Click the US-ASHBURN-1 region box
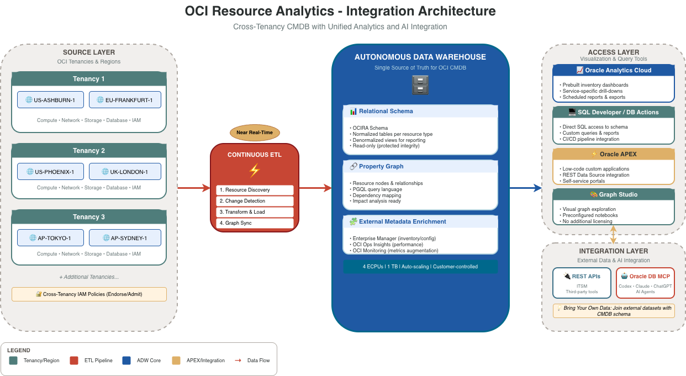50,100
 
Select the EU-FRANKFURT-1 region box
125,100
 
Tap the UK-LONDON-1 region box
125,172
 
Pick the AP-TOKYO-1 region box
50,238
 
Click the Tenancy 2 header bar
89,151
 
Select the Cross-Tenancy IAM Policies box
89,294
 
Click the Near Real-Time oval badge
255,133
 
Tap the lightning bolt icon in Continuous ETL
255,170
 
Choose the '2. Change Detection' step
255,201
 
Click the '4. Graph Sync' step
255,223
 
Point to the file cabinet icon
420,84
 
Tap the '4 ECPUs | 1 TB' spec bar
420,267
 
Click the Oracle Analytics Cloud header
614,70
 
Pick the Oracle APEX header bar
614,154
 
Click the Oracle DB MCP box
645,283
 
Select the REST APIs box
582,283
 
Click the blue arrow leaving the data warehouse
525,188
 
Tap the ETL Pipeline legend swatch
74,361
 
